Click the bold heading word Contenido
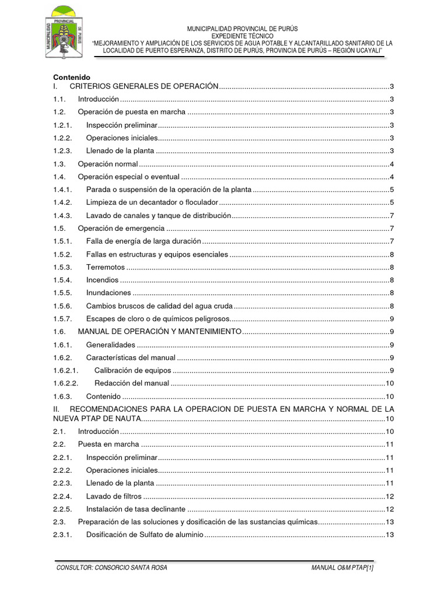click(72, 77)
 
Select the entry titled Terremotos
click(105, 267)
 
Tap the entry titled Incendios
click(102, 280)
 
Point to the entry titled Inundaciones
click(108, 293)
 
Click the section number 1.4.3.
click(62, 216)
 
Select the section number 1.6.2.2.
click(65, 383)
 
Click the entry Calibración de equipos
click(133, 371)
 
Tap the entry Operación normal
click(107, 164)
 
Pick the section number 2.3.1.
click(62, 535)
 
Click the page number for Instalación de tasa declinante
click(390, 509)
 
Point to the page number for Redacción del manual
click(390, 383)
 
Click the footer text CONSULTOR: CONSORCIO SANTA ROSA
click(111, 568)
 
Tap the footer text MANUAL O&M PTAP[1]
click(342, 568)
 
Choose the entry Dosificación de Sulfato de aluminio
click(144, 535)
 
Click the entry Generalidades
click(110, 345)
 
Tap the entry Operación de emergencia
click(123, 228)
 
